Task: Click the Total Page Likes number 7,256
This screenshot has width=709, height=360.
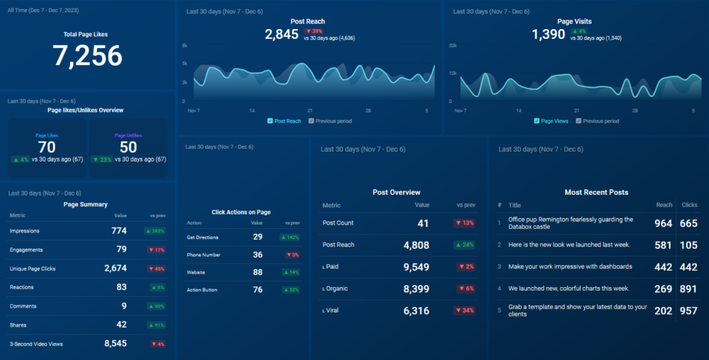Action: (x=87, y=55)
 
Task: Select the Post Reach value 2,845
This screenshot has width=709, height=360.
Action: (x=281, y=34)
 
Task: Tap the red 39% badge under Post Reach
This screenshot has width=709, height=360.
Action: (x=314, y=31)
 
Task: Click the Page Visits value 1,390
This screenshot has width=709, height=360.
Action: (x=549, y=34)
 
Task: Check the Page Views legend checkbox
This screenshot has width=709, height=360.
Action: (x=537, y=121)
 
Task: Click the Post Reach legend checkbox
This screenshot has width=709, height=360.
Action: (x=270, y=121)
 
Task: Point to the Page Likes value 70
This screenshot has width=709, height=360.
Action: (x=48, y=147)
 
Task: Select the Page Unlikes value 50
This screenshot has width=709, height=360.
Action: (x=128, y=147)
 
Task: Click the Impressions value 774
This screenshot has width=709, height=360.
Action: (x=118, y=231)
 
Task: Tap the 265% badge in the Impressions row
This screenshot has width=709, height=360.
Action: (x=155, y=231)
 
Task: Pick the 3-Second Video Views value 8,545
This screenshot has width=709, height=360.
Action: (x=116, y=344)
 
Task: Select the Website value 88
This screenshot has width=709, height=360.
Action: (x=257, y=272)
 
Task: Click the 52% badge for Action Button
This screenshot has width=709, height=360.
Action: (x=291, y=290)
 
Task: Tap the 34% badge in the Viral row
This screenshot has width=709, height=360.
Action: (x=465, y=311)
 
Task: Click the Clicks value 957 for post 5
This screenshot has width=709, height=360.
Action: (x=689, y=311)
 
